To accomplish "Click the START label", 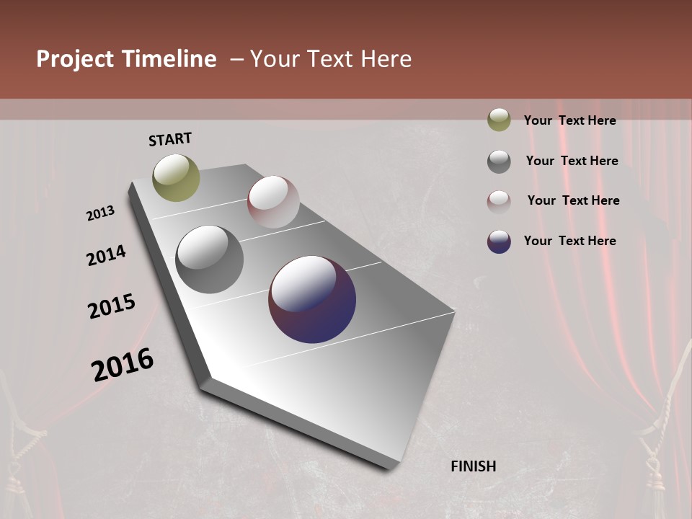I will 170,139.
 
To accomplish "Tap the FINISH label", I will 474,466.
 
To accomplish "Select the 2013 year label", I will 100,213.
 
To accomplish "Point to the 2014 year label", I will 106,256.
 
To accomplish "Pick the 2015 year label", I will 112,306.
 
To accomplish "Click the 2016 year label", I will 123,364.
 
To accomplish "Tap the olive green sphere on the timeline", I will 176,177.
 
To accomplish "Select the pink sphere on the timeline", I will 273,201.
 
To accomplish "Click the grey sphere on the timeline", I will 209,259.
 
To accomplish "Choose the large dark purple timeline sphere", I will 312,299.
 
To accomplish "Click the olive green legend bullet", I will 499,120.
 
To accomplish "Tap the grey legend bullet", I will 499,161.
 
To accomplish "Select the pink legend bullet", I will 499,202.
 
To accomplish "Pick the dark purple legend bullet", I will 499,241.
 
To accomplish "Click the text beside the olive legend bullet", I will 569,120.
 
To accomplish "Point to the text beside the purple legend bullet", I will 569,241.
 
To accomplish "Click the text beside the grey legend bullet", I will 572,161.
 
